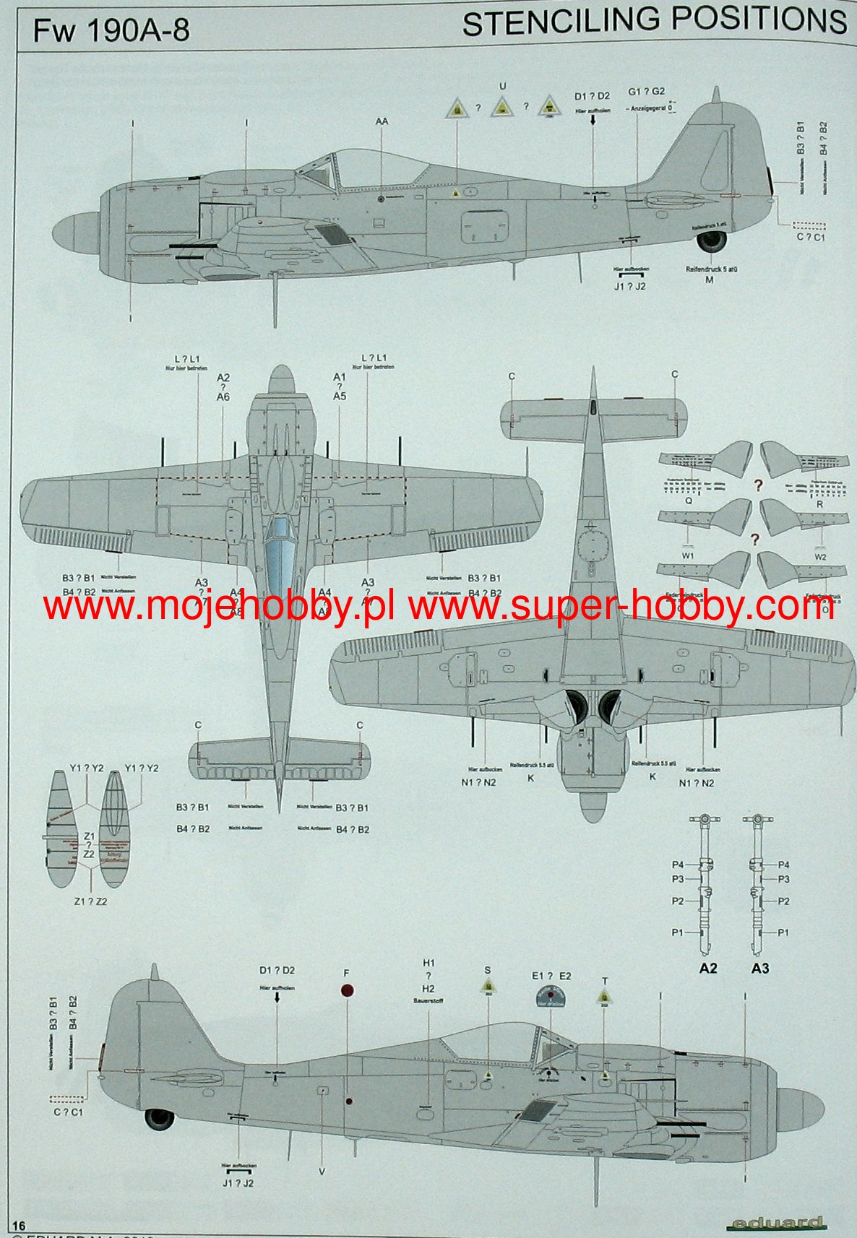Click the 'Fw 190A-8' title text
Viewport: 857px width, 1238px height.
point(112,31)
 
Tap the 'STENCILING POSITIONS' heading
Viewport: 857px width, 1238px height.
point(654,22)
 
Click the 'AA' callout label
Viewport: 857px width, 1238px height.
point(382,121)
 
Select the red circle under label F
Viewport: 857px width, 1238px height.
point(348,991)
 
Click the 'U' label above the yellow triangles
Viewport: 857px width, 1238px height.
point(503,86)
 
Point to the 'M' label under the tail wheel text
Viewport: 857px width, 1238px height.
point(709,280)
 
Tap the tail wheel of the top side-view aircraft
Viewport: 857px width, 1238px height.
point(712,241)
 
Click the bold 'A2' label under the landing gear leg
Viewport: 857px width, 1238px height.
point(708,968)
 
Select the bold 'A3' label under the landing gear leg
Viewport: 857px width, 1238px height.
point(760,968)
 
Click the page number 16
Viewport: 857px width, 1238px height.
point(19,1225)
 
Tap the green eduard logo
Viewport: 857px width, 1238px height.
point(775,1223)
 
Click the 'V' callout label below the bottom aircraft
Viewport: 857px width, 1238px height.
point(322,1172)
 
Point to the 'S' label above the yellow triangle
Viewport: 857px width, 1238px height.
point(488,971)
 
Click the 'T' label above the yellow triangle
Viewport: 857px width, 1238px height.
point(605,981)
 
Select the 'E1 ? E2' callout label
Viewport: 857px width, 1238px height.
point(551,976)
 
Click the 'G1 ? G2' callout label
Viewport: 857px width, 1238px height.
point(646,92)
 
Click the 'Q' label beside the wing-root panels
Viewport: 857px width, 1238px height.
point(689,500)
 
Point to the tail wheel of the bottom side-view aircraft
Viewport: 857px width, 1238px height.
point(159,1119)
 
